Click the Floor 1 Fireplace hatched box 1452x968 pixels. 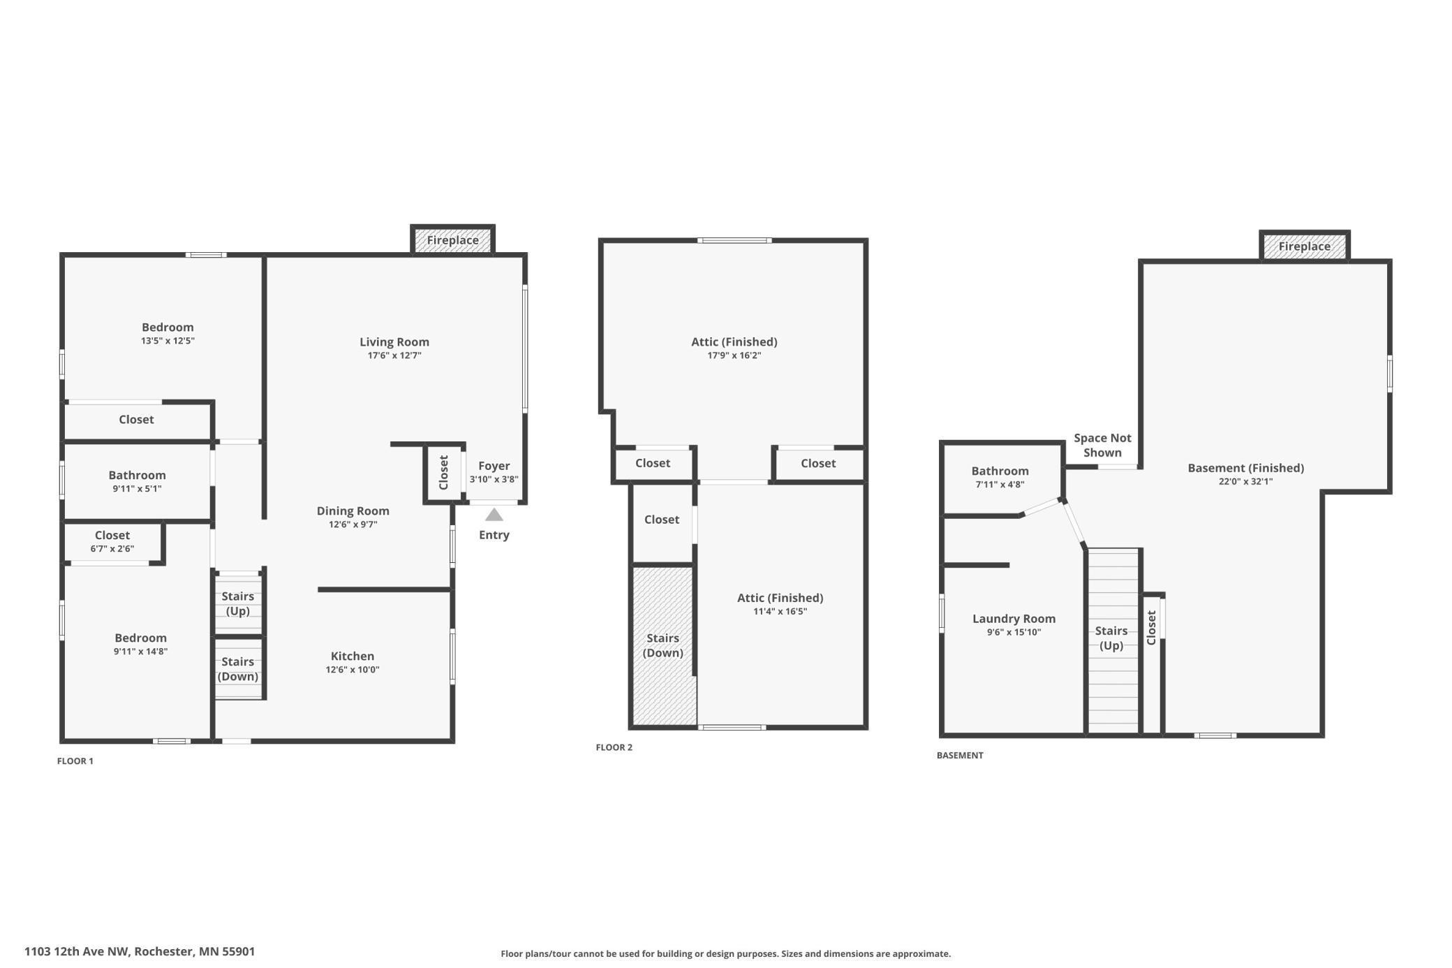click(x=452, y=240)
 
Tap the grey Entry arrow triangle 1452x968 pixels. click(x=494, y=515)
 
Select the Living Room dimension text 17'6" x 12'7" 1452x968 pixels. click(x=394, y=355)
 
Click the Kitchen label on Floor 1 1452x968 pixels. click(x=353, y=656)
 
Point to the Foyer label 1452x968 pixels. click(x=494, y=466)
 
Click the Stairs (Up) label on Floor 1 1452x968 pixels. click(x=237, y=603)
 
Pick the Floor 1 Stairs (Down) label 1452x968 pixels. click(x=237, y=669)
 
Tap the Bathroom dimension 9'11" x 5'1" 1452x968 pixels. click(x=137, y=489)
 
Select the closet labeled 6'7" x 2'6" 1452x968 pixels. click(x=112, y=542)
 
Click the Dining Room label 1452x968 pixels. click(x=353, y=511)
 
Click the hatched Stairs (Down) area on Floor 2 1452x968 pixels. click(x=663, y=684)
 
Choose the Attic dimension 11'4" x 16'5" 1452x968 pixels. click(x=780, y=612)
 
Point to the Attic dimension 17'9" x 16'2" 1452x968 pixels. click(x=734, y=355)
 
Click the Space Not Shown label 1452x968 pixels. click(x=1102, y=445)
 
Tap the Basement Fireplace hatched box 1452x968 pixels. click(x=1304, y=247)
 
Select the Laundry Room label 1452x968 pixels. click(x=1014, y=619)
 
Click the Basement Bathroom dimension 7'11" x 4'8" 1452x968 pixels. click(x=1000, y=485)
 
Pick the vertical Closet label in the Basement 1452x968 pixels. click(x=1152, y=627)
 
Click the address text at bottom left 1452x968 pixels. click(x=140, y=951)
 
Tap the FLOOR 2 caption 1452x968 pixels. click(x=614, y=747)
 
